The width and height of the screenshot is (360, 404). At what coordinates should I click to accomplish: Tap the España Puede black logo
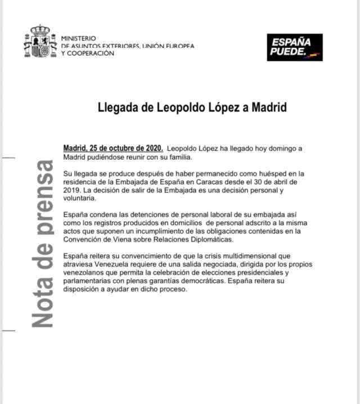[x=295, y=47]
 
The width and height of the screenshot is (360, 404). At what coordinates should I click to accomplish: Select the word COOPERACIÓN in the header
[x=91, y=53]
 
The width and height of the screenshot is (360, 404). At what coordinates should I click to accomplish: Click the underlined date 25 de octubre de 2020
[x=127, y=148]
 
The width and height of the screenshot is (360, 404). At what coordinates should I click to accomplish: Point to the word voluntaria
[x=79, y=198]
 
